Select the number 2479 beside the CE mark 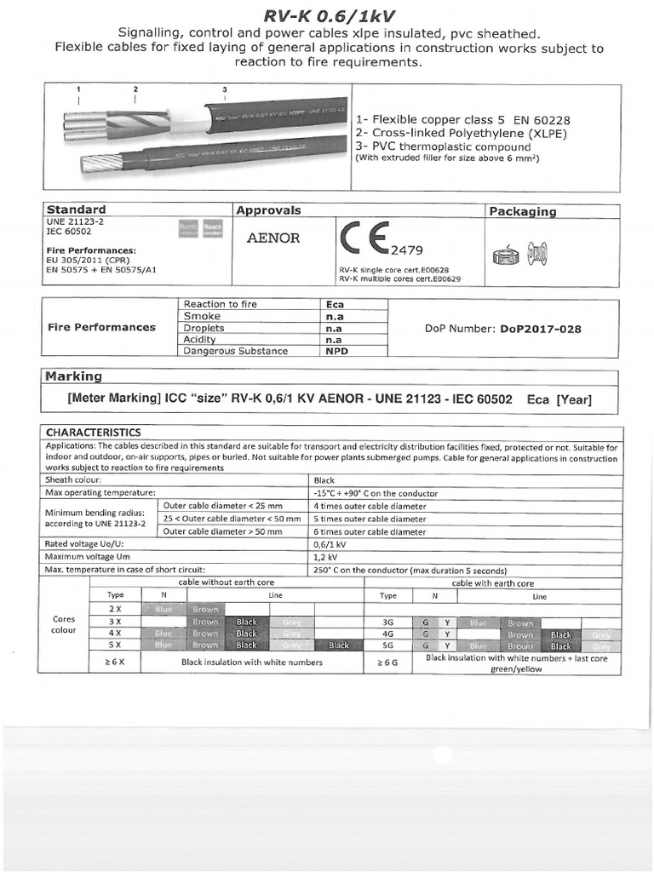tap(407, 250)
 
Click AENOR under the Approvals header tap(272, 238)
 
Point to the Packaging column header tap(522, 211)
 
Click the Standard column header tap(76, 209)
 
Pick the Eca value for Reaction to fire tap(336, 304)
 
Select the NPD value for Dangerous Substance tap(337, 351)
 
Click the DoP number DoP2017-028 tap(541, 328)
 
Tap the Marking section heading tap(73, 376)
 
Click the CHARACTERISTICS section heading tap(93, 433)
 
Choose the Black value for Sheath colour tap(324, 480)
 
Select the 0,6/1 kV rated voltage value tap(330, 544)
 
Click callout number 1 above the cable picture tap(78, 89)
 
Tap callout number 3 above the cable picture tap(224, 89)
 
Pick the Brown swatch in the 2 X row tap(205, 610)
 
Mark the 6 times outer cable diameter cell tap(370, 531)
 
